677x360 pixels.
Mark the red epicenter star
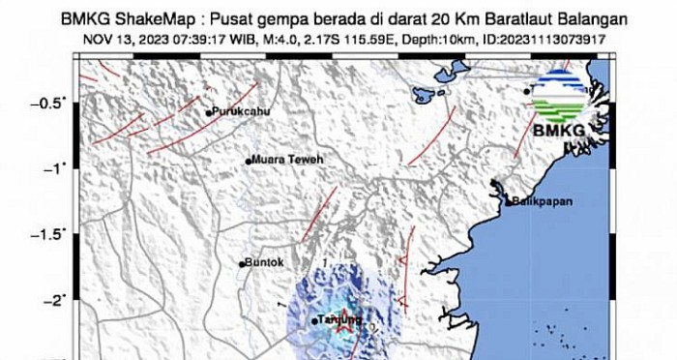[342, 328]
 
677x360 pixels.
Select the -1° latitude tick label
[59, 168]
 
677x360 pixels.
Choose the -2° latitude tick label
[59, 300]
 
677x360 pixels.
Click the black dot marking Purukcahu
[208, 113]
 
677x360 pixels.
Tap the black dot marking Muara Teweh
[248, 161]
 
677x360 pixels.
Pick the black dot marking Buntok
[243, 263]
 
